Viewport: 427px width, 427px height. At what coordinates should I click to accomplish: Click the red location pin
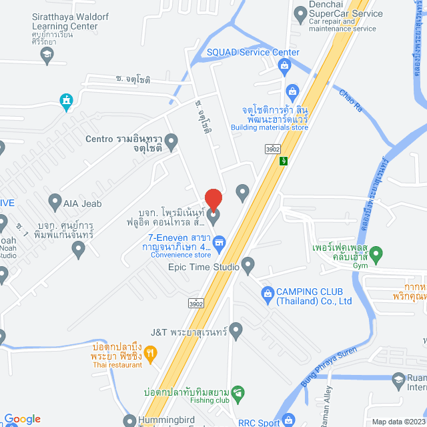(213, 199)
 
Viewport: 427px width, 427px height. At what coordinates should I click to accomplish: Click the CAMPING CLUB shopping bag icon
(267, 292)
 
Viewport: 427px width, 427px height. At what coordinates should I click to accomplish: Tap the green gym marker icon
(376, 254)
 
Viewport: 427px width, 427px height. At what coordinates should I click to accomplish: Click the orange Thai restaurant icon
(150, 354)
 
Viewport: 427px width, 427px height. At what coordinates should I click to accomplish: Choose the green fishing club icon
(239, 392)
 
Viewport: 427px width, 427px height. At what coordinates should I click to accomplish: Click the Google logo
(22, 419)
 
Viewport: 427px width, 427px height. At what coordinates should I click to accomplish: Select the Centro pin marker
(171, 141)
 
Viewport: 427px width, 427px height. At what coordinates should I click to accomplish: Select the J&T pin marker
(236, 330)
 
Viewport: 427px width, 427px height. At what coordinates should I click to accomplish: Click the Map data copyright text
(398, 422)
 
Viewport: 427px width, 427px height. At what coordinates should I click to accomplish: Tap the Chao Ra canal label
(350, 100)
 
